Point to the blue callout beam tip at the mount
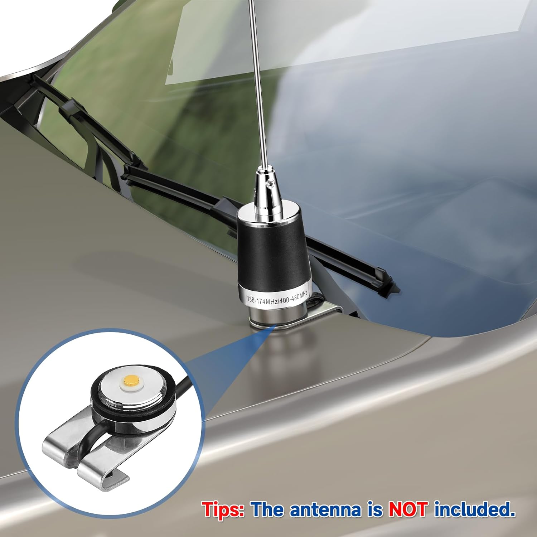[x=274, y=326]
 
